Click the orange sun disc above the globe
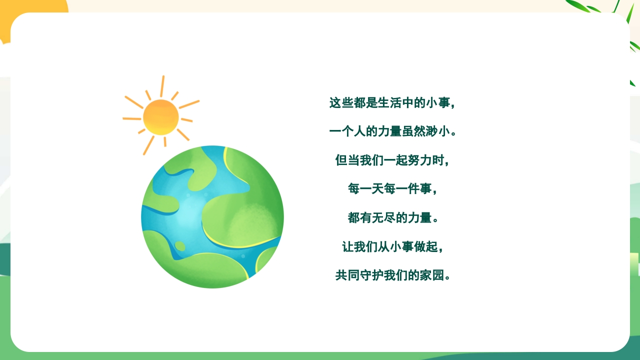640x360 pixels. [x=160, y=117]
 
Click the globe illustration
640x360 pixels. [x=212, y=216]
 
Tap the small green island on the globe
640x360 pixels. [x=180, y=246]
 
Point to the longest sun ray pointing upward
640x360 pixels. [x=162, y=86]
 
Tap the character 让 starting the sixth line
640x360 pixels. [x=347, y=247]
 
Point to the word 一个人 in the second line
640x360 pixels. [x=347, y=132]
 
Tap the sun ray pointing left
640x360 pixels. [x=132, y=118]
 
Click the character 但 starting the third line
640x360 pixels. [x=341, y=161]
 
